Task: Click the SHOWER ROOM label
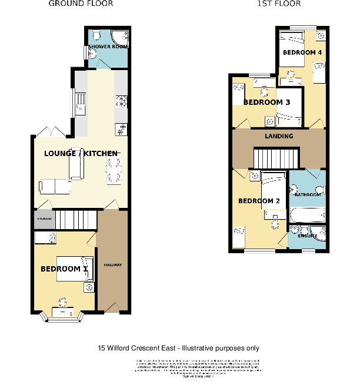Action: pos(108,46)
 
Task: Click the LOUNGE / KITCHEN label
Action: pos(81,154)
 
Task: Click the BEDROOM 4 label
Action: pos(302,52)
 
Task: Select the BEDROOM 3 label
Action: pos(267,102)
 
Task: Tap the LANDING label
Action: pos(279,136)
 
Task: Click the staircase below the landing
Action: pos(276,158)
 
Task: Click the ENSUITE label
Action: pos(307,236)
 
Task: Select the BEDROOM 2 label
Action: pos(259,201)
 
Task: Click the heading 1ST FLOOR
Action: pos(279,4)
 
